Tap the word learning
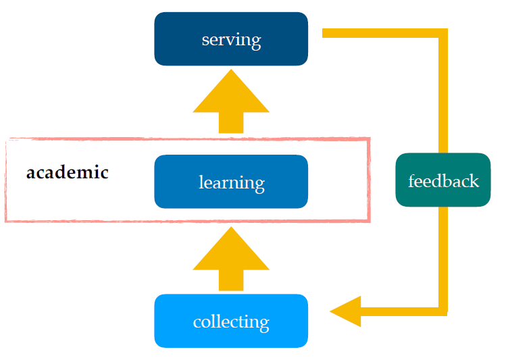(231, 182)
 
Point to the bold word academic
(68, 172)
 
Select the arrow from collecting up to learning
(231, 260)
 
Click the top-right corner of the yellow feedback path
(443, 33)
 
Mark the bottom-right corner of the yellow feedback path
(443, 311)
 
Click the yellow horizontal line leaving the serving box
(378, 33)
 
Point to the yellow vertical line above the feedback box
(443, 95)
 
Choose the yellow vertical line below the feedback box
(443, 257)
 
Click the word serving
(231, 40)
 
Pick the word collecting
(231, 322)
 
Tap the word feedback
(443, 181)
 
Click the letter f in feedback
(411, 180)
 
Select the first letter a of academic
(30, 174)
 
